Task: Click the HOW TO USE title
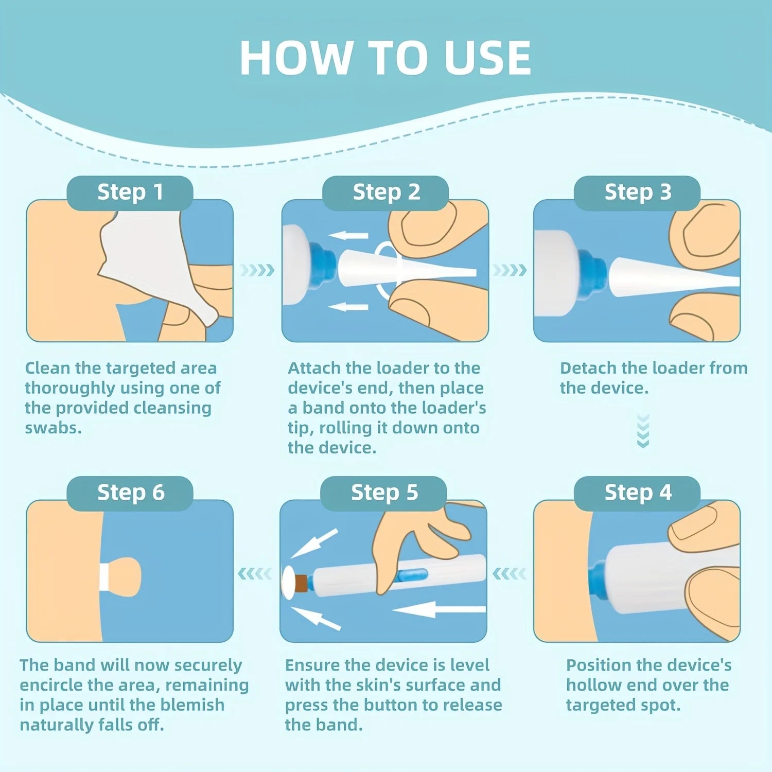(385, 58)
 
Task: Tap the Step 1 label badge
(130, 192)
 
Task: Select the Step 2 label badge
(386, 192)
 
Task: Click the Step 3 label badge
(637, 192)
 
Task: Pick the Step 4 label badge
(637, 493)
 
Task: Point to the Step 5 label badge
(384, 493)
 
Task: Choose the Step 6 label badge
(130, 493)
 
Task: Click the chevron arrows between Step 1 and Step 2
(257, 270)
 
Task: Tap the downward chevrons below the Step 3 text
(643, 431)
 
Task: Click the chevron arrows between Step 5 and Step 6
(255, 573)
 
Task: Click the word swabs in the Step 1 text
(53, 428)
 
